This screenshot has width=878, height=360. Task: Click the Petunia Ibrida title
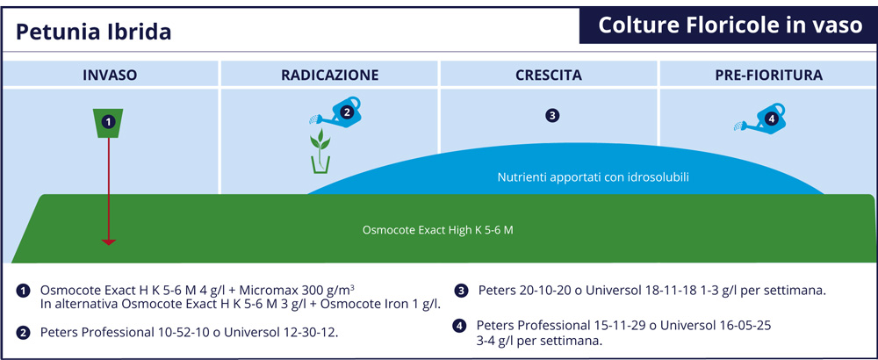click(x=94, y=32)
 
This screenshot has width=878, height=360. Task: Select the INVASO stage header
click(x=110, y=75)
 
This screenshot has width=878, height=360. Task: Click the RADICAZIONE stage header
click(x=330, y=75)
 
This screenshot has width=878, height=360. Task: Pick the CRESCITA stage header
click(x=549, y=75)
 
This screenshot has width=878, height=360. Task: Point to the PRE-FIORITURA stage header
click(x=769, y=75)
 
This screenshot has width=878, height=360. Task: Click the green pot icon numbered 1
click(x=109, y=123)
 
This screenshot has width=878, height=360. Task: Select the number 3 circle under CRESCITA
click(x=552, y=116)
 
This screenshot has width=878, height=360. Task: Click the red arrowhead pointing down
click(x=109, y=241)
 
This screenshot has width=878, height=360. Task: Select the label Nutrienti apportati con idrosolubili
click(x=594, y=177)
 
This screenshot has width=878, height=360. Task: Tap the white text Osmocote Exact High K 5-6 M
click(x=438, y=230)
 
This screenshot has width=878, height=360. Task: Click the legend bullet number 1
click(x=23, y=292)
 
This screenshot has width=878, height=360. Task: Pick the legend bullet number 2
click(x=23, y=333)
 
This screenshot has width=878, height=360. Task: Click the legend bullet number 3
click(x=461, y=292)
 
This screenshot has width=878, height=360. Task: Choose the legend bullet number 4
click(x=458, y=327)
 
